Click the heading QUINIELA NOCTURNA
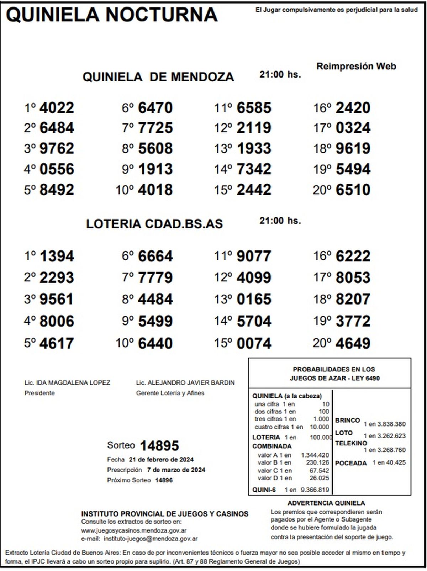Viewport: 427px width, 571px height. coord(112,15)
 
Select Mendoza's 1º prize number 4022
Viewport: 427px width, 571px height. coord(57,108)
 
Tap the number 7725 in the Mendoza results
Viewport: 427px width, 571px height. coord(155,128)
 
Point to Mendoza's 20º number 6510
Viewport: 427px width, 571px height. coord(353,190)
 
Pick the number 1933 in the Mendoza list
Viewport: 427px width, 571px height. coord(254,149)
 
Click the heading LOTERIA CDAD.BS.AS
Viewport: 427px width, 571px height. coord(154,224)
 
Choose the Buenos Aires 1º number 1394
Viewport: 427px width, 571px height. coord(57,257)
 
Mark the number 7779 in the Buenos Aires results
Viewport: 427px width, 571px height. coord(155,278)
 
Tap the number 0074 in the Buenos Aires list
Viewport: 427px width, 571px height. coord(254,344)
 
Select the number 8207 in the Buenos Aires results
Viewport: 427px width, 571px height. coord(353,300)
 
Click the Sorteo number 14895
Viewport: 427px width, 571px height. coord(159,446)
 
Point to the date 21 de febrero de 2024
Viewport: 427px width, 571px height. coord(161,459)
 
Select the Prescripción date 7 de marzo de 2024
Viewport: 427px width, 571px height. coord(176,470)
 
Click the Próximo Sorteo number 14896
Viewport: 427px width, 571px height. coord(164,480)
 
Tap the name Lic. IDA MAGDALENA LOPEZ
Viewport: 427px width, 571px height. coord(67,383)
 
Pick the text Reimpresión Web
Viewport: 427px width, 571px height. coord(356,66)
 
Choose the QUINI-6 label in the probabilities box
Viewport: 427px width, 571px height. coord(264,490)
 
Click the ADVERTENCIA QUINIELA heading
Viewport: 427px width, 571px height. coord(326,503)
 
